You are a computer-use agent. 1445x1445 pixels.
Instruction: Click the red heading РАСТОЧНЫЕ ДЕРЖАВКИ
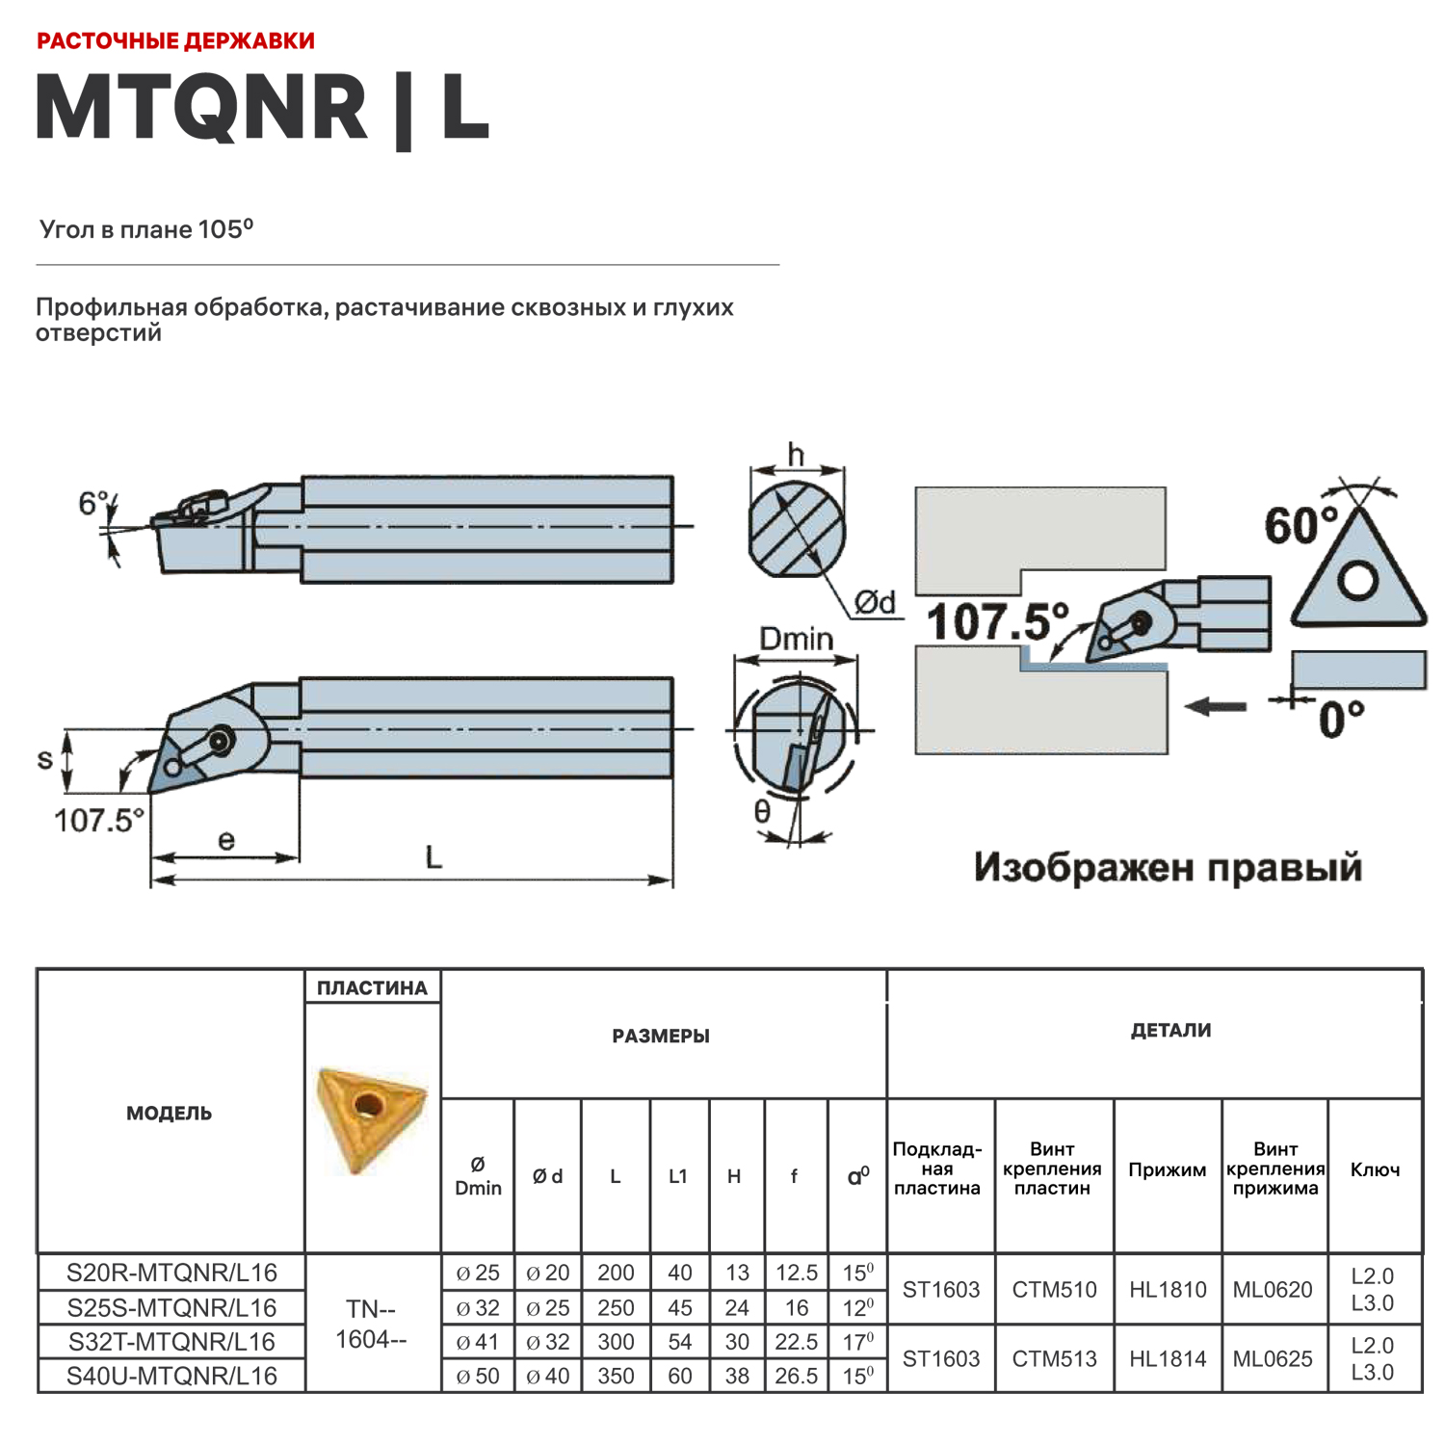[x=175, y=41]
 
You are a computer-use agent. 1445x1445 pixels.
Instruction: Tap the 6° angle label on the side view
[x=93, y=503]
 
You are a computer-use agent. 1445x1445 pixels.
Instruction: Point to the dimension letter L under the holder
[x=433, y=856]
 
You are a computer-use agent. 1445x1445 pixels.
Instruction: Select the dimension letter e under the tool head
[x=225, y=840]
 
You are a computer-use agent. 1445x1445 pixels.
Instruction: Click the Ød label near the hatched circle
[x=876, y=603]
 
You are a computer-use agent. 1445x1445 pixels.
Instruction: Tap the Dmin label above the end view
[x=796, y=639]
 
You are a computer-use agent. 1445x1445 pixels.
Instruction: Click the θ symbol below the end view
[x=762, y=812]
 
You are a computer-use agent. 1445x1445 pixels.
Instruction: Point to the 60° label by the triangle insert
[x=1301, y=526]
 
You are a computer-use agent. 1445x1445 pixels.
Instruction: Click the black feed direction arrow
[x=1216, y=706]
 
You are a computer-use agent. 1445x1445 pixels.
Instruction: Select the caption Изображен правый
[x=1168, y=867]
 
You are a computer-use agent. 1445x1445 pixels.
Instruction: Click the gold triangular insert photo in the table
[x=371, y=1117]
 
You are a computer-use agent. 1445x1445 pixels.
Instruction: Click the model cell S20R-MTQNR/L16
[x=171, y=1273]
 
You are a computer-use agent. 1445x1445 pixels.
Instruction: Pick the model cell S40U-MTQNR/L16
[x=171, y=1376]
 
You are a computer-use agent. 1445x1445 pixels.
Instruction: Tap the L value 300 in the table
[x=616, y=1342]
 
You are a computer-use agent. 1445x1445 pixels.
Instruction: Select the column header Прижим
[x=1167, y=1169]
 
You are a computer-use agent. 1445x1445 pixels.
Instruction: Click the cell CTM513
[x=1054, y=1358]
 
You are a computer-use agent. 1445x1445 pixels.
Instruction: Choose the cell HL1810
[x=1168, y=1289]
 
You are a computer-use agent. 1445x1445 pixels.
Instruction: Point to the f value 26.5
[x=796, y=1376]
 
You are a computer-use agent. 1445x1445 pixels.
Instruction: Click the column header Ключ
[x=1375, y=1169]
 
